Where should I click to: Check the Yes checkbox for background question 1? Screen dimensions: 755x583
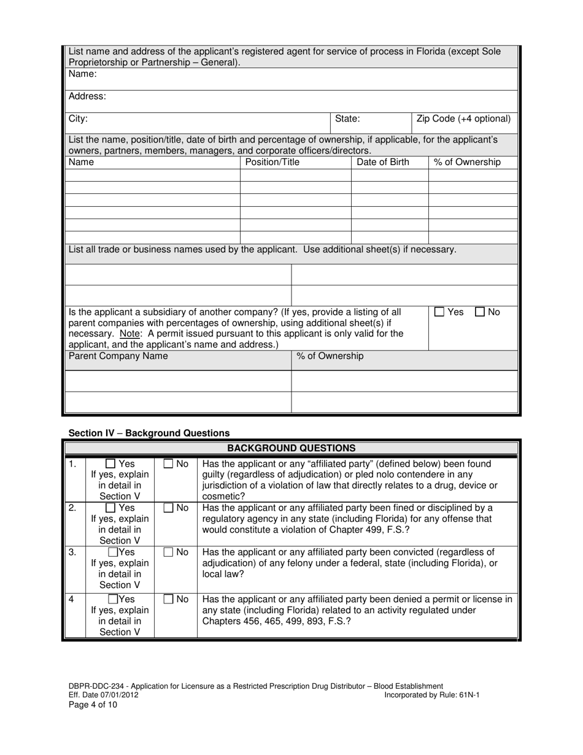(x=110, y=464)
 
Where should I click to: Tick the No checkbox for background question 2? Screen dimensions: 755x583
(x=169, y=508)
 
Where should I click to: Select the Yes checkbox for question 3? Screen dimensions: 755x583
(x=113, y=552)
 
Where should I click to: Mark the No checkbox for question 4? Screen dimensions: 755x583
(x=169, y=599)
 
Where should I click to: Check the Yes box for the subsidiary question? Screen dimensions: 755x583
(x=439, y=312)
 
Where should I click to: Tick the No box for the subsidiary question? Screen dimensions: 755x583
(x=481, y=312)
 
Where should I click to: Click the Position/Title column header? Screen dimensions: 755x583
(x=272, y=162)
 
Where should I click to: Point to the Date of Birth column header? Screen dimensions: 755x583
(x=383, y=162)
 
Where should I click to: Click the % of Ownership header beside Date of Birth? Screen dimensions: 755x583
(x=467, y=162)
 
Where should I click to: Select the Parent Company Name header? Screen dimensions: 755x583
(x=118, y=356)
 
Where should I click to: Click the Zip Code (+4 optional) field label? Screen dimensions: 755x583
(x=463, y=118)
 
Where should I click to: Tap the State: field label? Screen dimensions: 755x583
(x=347, y=118)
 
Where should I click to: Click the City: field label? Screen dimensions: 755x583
(x=78, y=118)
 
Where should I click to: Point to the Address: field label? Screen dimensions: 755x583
(x=87, y=96)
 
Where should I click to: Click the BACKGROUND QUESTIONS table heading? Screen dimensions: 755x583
(x=291, y=448)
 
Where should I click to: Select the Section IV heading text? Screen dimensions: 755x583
(x=149, y=433)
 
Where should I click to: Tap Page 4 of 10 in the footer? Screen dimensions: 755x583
(x=92, y=705)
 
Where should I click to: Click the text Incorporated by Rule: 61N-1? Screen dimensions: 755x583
(x=431, y=695)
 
